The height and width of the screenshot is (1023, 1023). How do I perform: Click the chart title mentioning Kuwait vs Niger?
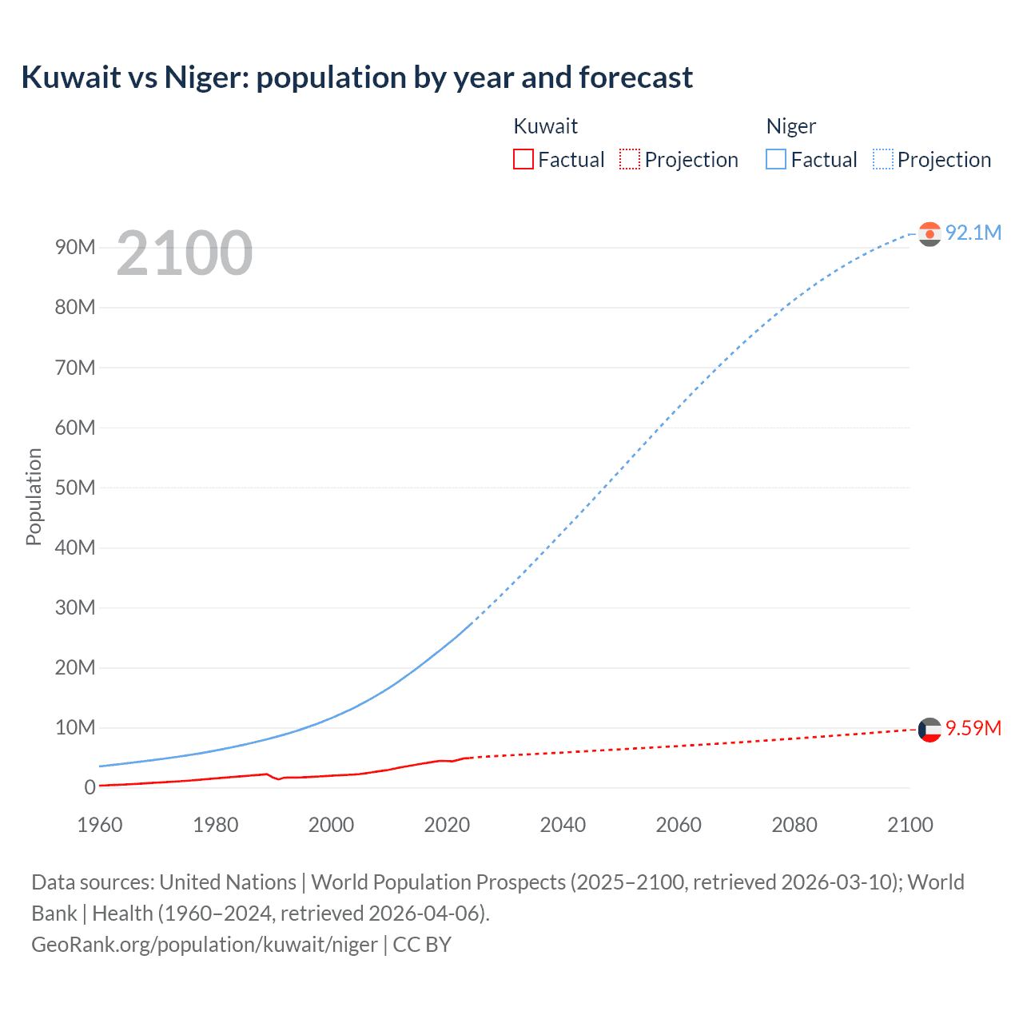click(x=356, y=78)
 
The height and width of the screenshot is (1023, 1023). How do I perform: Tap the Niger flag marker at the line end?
click(x=929, y=233)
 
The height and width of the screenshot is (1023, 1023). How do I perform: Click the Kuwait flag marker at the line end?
click(x=929, y=730)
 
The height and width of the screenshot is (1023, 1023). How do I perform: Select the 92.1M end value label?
click(x=973, y=233)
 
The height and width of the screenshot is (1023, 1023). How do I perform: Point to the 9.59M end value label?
click(x=973, y=728)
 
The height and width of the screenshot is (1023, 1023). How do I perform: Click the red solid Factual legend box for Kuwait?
click(x=523, y=160)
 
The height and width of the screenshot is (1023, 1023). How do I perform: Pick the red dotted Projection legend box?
click(x=630, y=160)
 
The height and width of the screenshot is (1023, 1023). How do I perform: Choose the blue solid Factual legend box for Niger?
click(x=775, y=160)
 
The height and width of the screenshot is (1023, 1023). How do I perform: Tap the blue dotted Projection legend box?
click(x=882, y=160)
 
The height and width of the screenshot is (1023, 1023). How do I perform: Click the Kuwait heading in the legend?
click(x=545, y=126)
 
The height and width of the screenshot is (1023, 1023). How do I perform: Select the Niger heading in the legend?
click(x=790, y=126)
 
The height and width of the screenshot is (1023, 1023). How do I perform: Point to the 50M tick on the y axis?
click(x=75, y=488)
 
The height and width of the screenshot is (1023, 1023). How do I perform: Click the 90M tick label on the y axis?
click(x=75, y=247)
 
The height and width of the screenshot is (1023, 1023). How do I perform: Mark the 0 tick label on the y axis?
click(x=90, y=787)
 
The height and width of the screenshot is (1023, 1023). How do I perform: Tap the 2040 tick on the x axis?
click(x=563, y=825)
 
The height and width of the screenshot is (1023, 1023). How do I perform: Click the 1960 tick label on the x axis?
click(x=100, y=825)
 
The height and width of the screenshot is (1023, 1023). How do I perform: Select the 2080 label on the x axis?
click(x=794, y=825)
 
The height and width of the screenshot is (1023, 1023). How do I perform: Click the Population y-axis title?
click(x=34, y=496)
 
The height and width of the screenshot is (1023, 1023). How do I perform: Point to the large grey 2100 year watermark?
click(x=185, y=253)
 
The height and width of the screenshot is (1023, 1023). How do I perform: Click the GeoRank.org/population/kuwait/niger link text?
click(x=205, y=945)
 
